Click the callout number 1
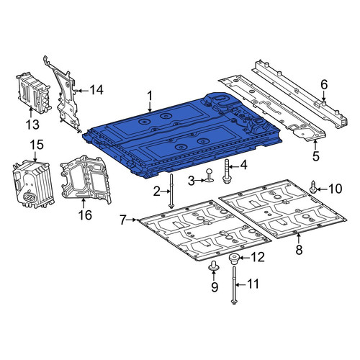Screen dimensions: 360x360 tap(150, 96)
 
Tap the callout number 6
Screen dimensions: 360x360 tap(324, 85)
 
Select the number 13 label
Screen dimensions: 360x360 tap(32, 125)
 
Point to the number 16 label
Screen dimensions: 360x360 tap(85, 215)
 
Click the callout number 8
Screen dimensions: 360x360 tap(299, 250)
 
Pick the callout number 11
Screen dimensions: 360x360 tap(253, 284)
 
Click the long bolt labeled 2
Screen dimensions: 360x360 tap(171, 191)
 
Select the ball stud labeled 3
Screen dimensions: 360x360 tap(210, 175)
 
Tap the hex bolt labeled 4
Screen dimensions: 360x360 tap(227, 172)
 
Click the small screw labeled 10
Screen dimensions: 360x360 tap(313, 187)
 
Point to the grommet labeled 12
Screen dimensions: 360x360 tap(233, 259)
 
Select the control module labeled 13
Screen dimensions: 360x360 tap(34, 93)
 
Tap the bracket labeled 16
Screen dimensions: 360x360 tap(85, 180)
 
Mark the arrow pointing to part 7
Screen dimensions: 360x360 tap(132, 220)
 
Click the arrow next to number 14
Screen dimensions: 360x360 tap(82, 91)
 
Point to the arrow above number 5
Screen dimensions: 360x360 tap(315, 145)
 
